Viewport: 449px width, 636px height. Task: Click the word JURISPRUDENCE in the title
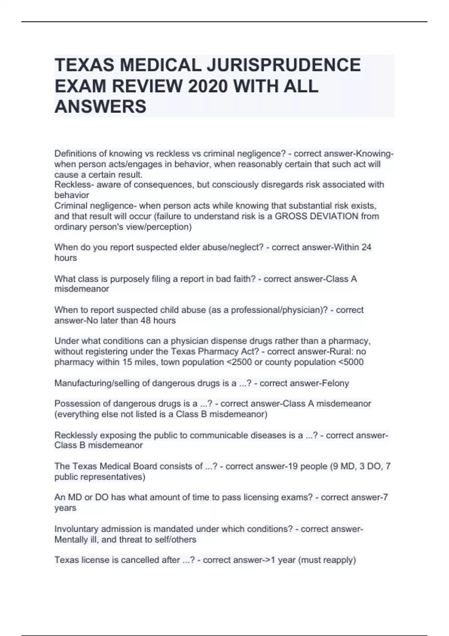[x=283, y=65]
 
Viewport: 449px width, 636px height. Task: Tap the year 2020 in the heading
[x=207, y=86]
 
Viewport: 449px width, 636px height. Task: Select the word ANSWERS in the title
[x=100, y=107]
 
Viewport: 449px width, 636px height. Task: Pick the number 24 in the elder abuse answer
[x=366, y=247]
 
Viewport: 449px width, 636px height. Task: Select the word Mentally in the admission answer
[x=71, y=539]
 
